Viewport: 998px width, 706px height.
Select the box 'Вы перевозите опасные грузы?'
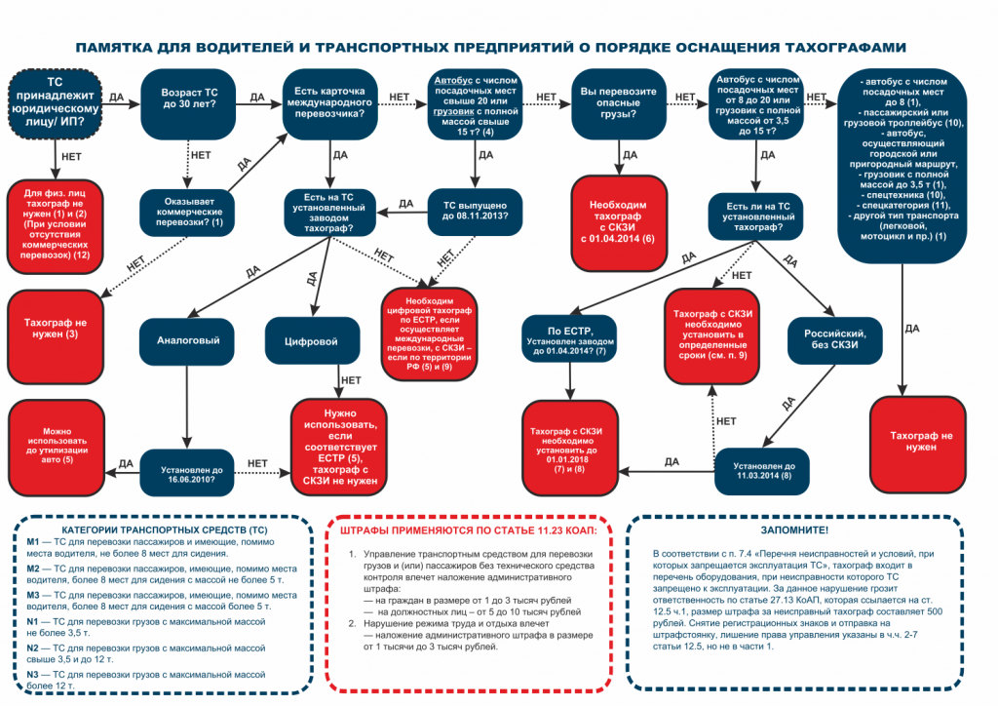coord(616,104)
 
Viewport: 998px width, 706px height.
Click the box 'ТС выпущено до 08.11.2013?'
coord(475,212)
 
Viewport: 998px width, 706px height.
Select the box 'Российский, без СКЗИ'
coord(830,338)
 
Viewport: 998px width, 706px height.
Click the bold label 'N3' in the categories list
coord(33,674)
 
